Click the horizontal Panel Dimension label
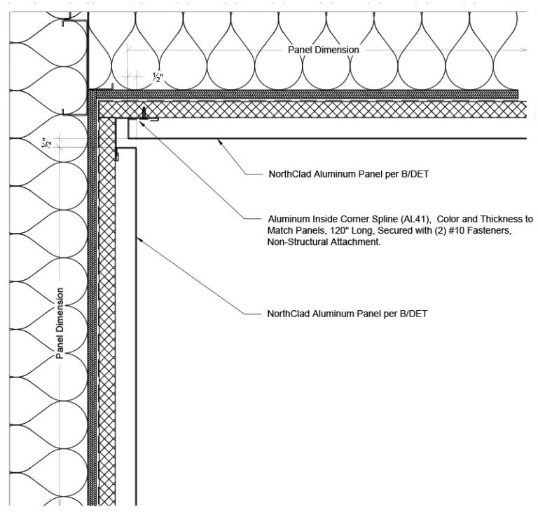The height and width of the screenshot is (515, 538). point(323,50)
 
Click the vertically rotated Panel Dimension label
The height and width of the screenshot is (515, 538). point(60,323)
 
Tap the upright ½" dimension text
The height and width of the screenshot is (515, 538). point(158,78)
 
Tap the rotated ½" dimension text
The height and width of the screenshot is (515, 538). point(47,143)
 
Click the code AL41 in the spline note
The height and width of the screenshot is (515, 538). point(415,219)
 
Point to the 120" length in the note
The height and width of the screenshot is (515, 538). point(339,231)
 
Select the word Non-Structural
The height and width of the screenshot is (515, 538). point(298,242)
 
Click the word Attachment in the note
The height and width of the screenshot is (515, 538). point(355,242)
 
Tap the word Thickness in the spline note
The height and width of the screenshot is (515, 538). point(502,219)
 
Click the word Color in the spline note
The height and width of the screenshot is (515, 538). point(448,219)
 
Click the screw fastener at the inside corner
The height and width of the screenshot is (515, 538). point(144,113)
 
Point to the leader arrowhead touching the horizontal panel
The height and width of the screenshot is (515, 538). point(219,141)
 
